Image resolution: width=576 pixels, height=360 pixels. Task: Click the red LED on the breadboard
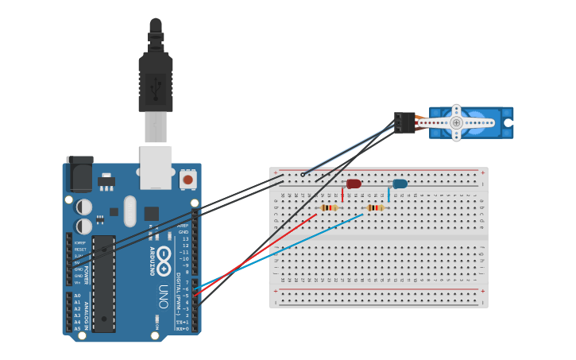pyautogui.click(x=354, y=184)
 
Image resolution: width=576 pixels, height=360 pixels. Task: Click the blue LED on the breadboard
pyautogui.click(x=400, y=184)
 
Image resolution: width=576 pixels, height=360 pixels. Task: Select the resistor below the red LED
pyautogui.click(x=329, y=208)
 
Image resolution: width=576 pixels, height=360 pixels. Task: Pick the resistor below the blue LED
pyautogui.click(x=374, y=208)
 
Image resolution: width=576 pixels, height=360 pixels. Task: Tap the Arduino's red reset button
pyautogui.click(x=188, y=180)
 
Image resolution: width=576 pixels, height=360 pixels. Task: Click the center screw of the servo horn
pyautogui.click(x=456, y=122)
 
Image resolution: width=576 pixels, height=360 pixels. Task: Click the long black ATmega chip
pyautogui.click(x=103, y=283)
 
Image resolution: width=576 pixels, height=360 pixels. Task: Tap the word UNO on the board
pyautogui.click(x=163, y=296)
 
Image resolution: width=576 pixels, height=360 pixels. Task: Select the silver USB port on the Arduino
pyautogui.click(x=156, y=167)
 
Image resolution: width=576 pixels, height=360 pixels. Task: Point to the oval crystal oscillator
pyautogui.click(x=130, y=211)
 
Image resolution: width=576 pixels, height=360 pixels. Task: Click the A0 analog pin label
pyautogui.click(x=77, y=296)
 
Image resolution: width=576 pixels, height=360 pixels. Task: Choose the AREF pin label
pyautogui.click(x=184, y=226)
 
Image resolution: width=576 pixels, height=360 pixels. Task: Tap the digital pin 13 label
pyautogui.click(x=185, y=238)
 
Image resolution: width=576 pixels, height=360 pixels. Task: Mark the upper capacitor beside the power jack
pyautogui.click(x=83, y=207)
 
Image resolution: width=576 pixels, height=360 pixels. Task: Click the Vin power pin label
pyautogui.click(x=77, y=282)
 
